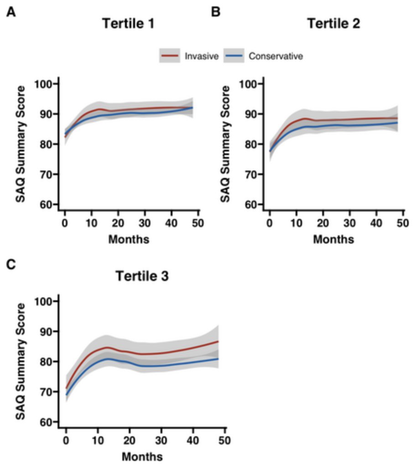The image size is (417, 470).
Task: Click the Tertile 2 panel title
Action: point(334,24)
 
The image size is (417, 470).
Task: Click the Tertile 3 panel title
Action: point(141,276)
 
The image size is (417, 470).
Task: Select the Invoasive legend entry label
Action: point(202,57)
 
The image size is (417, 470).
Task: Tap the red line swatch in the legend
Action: point(171,57)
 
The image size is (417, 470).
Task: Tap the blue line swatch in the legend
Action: point(236,57)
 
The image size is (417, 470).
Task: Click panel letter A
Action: point(10,11)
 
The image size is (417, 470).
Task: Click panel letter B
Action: point(216,11)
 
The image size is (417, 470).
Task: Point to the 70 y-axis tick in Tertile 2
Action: point(253,174)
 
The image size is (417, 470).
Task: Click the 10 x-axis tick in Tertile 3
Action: point(98,442)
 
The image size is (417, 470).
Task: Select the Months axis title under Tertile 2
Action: point(334,239)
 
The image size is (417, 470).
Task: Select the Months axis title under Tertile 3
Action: point(142,456)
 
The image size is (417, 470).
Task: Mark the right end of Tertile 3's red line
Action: point(218,341)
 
